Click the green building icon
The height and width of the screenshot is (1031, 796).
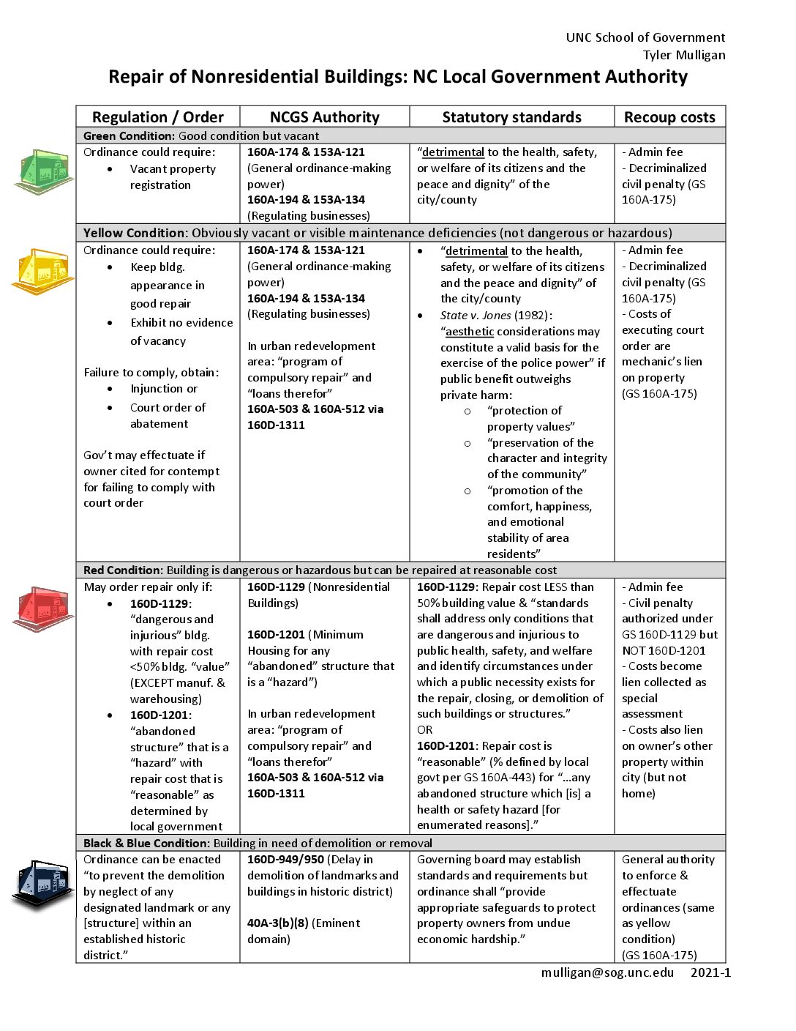click(44, 172)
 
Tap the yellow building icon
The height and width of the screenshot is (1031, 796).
click(42, 271)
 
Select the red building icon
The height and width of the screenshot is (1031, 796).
click(42, 608)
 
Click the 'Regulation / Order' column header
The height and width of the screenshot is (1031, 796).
click(158, 117)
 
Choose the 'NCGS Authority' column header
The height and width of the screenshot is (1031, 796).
click(325, 117)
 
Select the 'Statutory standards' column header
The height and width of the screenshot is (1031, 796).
click(511, 117)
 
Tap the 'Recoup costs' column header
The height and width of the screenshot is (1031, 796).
click(669, 117)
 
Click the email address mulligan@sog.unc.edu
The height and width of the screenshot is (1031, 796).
click(607, 972)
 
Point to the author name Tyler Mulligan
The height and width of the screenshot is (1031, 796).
click(684, 55)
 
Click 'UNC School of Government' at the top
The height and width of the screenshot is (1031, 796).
click(645, 37)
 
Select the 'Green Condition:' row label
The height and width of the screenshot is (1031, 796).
click(129, 135)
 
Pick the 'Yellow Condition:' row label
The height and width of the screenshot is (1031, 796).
click(135, 233)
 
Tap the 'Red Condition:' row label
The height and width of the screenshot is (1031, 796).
click(123, 570)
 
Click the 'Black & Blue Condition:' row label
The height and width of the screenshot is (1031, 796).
click(146, 843)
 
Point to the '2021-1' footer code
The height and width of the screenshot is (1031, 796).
click(710, 972)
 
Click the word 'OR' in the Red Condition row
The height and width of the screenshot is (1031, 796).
click(425, 730)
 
